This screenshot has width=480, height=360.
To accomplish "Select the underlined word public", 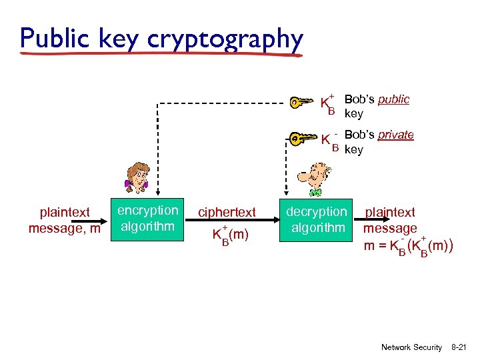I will [x=393, y=99].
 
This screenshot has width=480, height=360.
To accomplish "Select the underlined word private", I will [x=395, y=135].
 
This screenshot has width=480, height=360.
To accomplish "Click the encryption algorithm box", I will [x=148, y=219].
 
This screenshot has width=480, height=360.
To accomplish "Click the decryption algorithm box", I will [x=317, y=219].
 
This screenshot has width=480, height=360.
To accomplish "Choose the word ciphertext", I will [x=227, y=213].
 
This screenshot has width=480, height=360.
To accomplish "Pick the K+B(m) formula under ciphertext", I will [x=230, y=235].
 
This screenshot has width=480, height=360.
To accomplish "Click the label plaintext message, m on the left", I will [x=65, y=221].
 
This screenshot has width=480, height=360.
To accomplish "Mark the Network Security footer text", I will [x=411, y=347].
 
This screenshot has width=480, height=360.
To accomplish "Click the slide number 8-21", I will [x=460, y=347].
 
